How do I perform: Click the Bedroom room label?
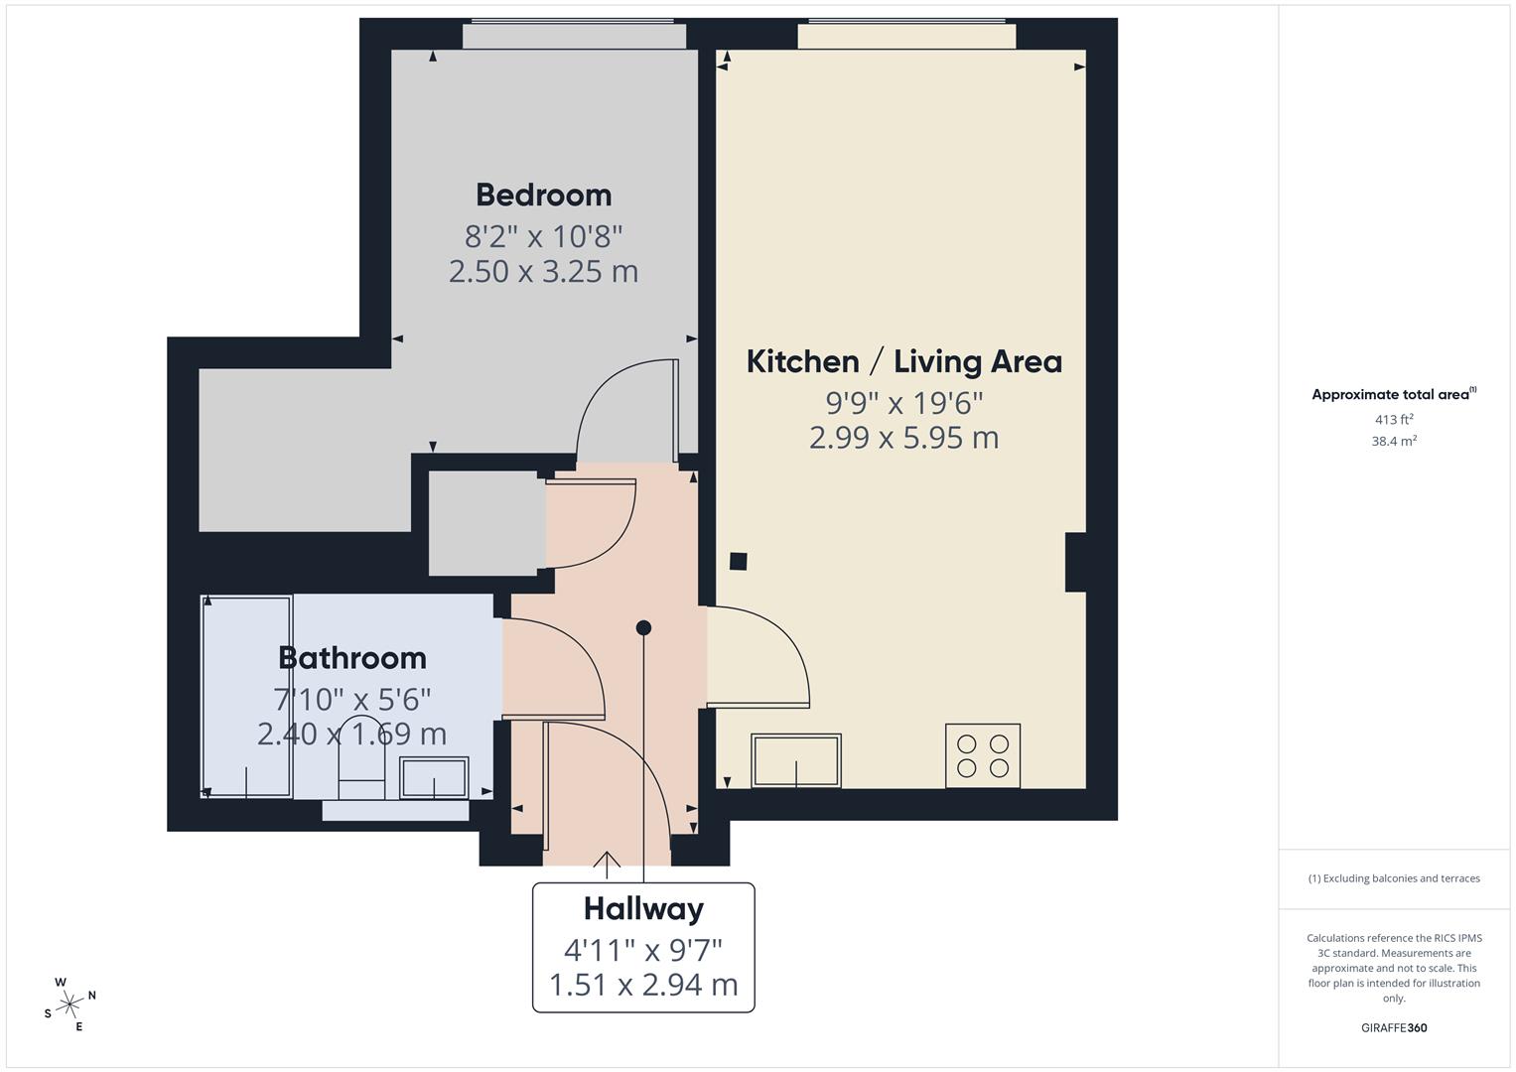pyautogui.click(x=543, y=195)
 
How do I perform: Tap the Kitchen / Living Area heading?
pyautogui.click(x=903, y=361)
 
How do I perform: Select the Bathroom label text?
pyautogui.click(x=352, y=658)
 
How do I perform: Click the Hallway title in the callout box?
pyautogui.click(x=643, y=908)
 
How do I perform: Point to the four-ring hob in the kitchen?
pyautogui.click(x=982, y=755)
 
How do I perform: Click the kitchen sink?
pyautogui.click(x=796, y=760)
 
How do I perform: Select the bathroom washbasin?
pyautogui.click(x=434, y=778)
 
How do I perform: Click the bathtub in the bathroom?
pyautogui.click(x=246, y=696)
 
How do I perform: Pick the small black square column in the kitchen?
pyautogui.click(x=738, y=561)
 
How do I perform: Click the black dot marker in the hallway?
pyautogui.click(x=643, y=627)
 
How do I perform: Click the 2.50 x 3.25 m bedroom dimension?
pyautogui.click(x=543, y=271)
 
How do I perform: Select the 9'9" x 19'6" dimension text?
pyautogui.click(x=903, y=403)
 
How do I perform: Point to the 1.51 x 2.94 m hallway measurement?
pyautogui.click(x=643, y=985)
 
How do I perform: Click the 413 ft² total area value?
pyautogui.click(x=1394, y=419)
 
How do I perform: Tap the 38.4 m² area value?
pyautogui.click(x=1394, y=442)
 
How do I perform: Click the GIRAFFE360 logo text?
pyautogui.click(x=1394, y=1027)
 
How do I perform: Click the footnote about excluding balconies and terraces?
pyautogui.click(x=1394, y=878)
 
